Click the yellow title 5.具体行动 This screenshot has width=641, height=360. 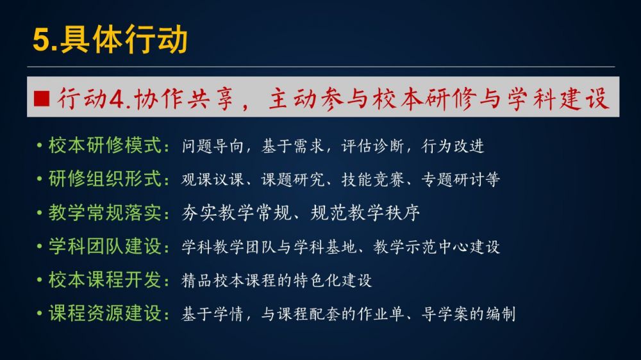tap(110, 39)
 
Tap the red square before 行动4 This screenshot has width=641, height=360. tap(42, 99)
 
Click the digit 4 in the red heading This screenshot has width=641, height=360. tap(117, 99)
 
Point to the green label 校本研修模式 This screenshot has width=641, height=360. tap(105, 145)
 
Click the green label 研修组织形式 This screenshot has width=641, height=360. tap(105, 179)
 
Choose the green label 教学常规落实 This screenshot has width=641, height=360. tap(105, 213)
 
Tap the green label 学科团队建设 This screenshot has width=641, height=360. tap(105, 247)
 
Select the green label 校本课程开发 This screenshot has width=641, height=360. tap(105, 280)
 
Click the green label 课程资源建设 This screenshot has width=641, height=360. tap(105, 313)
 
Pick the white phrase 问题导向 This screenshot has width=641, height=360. tap(213, 146)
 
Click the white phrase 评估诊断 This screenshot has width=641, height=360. tap(372, 146)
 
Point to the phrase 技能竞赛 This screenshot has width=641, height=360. tap(372, 179)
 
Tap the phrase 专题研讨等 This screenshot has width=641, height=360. tap(460, 179)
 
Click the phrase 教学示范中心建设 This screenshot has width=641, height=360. tap(436, 247)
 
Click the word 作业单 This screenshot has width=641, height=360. tap(381, 314)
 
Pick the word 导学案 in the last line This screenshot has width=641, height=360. tap(444, 314)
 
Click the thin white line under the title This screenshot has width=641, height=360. tap(321, 67)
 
